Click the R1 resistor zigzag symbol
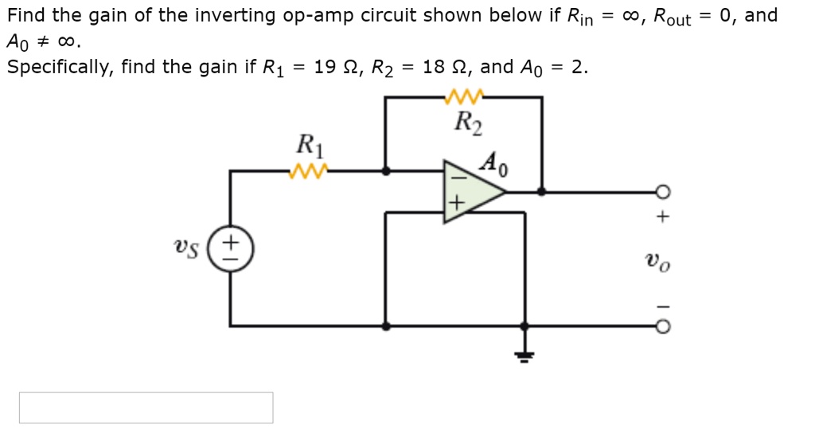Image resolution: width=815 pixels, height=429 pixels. coord(306,170)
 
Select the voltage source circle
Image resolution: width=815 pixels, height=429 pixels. coord(231,246)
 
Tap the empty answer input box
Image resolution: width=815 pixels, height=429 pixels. coord(146,408)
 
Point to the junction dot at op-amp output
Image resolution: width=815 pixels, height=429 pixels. coord(542,192)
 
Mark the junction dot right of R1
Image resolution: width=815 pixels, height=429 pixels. coord(386,170)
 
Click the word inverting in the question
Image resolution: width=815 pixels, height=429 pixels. coord(238,16)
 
